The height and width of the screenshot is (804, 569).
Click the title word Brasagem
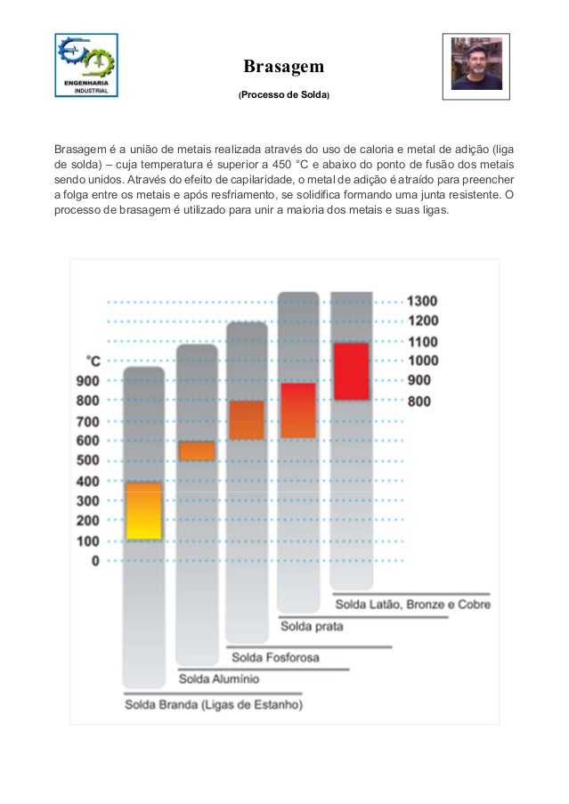point(283,67)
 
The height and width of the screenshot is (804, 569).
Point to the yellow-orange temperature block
point(143,510)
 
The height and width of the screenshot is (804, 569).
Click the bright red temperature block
point(351,370)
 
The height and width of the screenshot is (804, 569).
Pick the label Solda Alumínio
point(220,678)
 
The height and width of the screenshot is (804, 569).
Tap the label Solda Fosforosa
point(276,658)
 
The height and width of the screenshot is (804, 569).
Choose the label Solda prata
point(313,626)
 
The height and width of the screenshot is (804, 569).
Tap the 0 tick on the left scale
point(95,561)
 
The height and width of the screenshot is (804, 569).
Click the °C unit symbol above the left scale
point(92,360)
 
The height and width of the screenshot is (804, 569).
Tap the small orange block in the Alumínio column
point(197,451)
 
